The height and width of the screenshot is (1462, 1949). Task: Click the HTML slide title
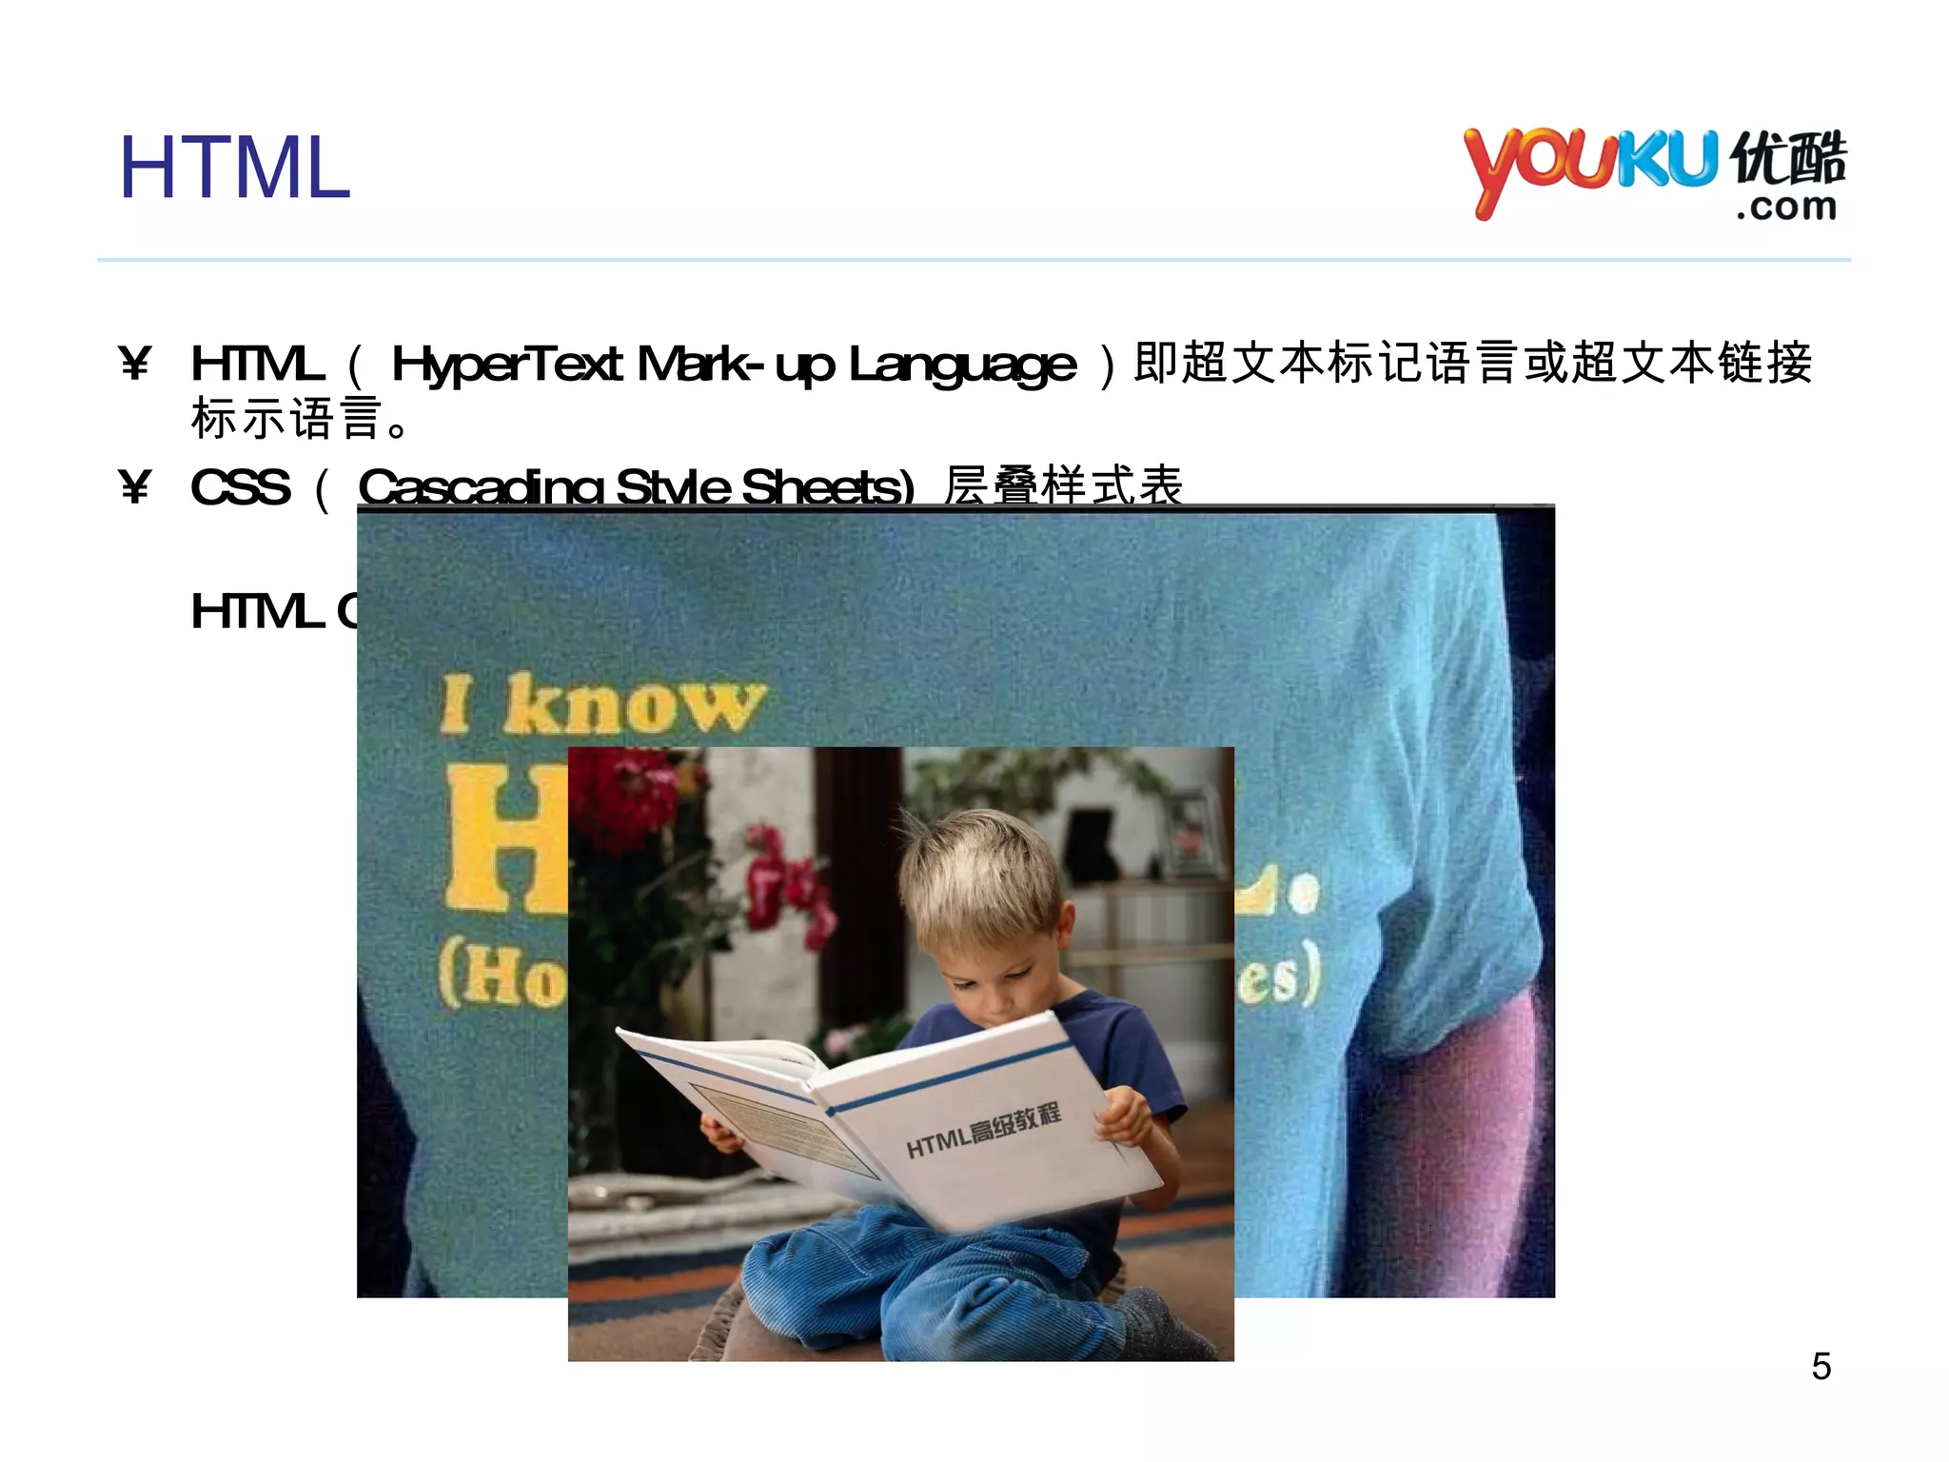click(234, 168)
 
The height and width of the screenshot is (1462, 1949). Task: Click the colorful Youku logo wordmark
click(1589, 167)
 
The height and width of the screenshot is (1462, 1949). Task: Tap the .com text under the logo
click(1786, 207)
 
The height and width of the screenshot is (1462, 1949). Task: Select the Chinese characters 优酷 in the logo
click(1788, 158)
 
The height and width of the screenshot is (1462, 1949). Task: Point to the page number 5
click(1821, 1367)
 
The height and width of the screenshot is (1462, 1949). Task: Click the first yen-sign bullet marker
click(135, 364)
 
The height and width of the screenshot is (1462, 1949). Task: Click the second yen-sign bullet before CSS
click(135, 487)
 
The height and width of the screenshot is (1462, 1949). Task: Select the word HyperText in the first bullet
click(507, 365)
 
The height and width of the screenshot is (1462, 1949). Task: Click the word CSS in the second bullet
click(240, 488)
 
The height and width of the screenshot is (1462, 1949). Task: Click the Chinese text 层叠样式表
click(1063, 484)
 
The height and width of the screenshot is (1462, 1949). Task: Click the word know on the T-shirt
click(633, 706)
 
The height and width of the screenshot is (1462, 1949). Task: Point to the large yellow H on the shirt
click(504, 838)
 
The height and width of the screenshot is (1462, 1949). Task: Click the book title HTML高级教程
click(983, 1131)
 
